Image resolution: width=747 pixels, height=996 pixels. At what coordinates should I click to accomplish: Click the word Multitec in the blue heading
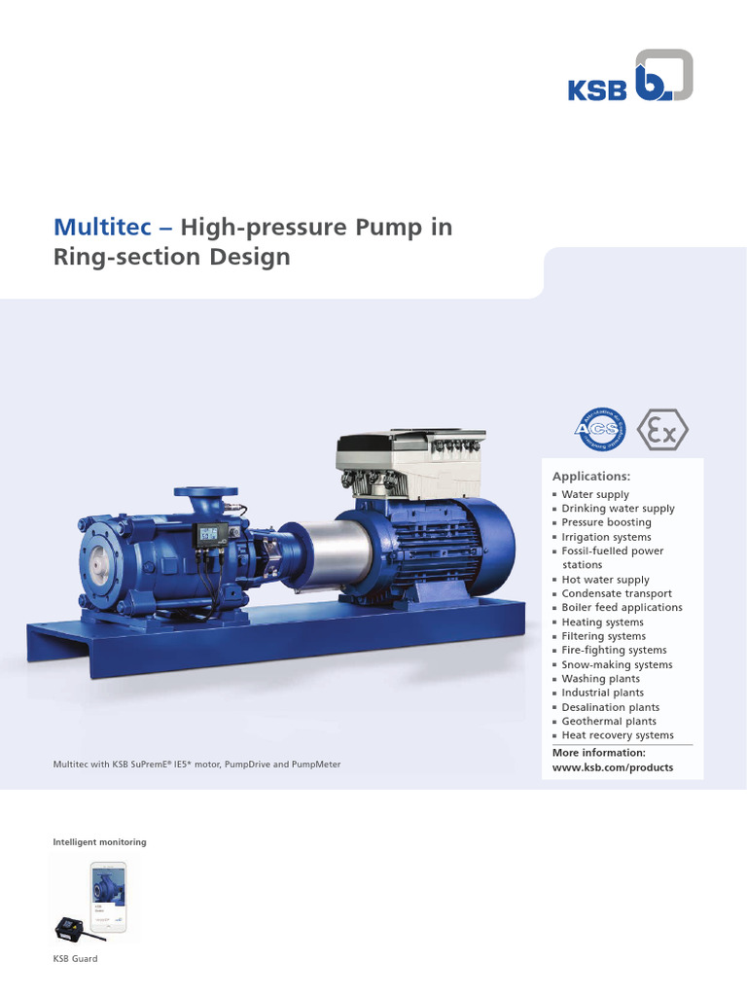(100, 228)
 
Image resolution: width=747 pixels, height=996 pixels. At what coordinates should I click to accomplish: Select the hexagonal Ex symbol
(662, 429)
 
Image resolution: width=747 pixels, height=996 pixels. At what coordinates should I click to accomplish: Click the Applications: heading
(591, 477)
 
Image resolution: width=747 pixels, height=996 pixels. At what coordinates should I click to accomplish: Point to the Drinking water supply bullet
(618, 509)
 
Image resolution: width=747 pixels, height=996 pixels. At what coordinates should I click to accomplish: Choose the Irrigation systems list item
(606, 537)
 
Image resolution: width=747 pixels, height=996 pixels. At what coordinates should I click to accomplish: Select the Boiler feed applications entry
(622, 608)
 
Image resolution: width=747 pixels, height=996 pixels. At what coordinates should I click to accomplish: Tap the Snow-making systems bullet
(617, 664)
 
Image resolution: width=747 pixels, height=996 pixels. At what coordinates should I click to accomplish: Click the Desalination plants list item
(610, 707)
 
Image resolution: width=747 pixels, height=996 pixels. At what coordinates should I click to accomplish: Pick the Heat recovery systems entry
(617, 735)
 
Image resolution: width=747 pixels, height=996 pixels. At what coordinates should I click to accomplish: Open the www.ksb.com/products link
(612, 767)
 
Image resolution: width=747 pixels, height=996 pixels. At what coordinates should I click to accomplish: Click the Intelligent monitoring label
(99, 840)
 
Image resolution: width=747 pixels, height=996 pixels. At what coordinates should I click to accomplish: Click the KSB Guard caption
(75, 959)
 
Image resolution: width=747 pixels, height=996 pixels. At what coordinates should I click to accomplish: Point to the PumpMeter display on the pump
(209, 533)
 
